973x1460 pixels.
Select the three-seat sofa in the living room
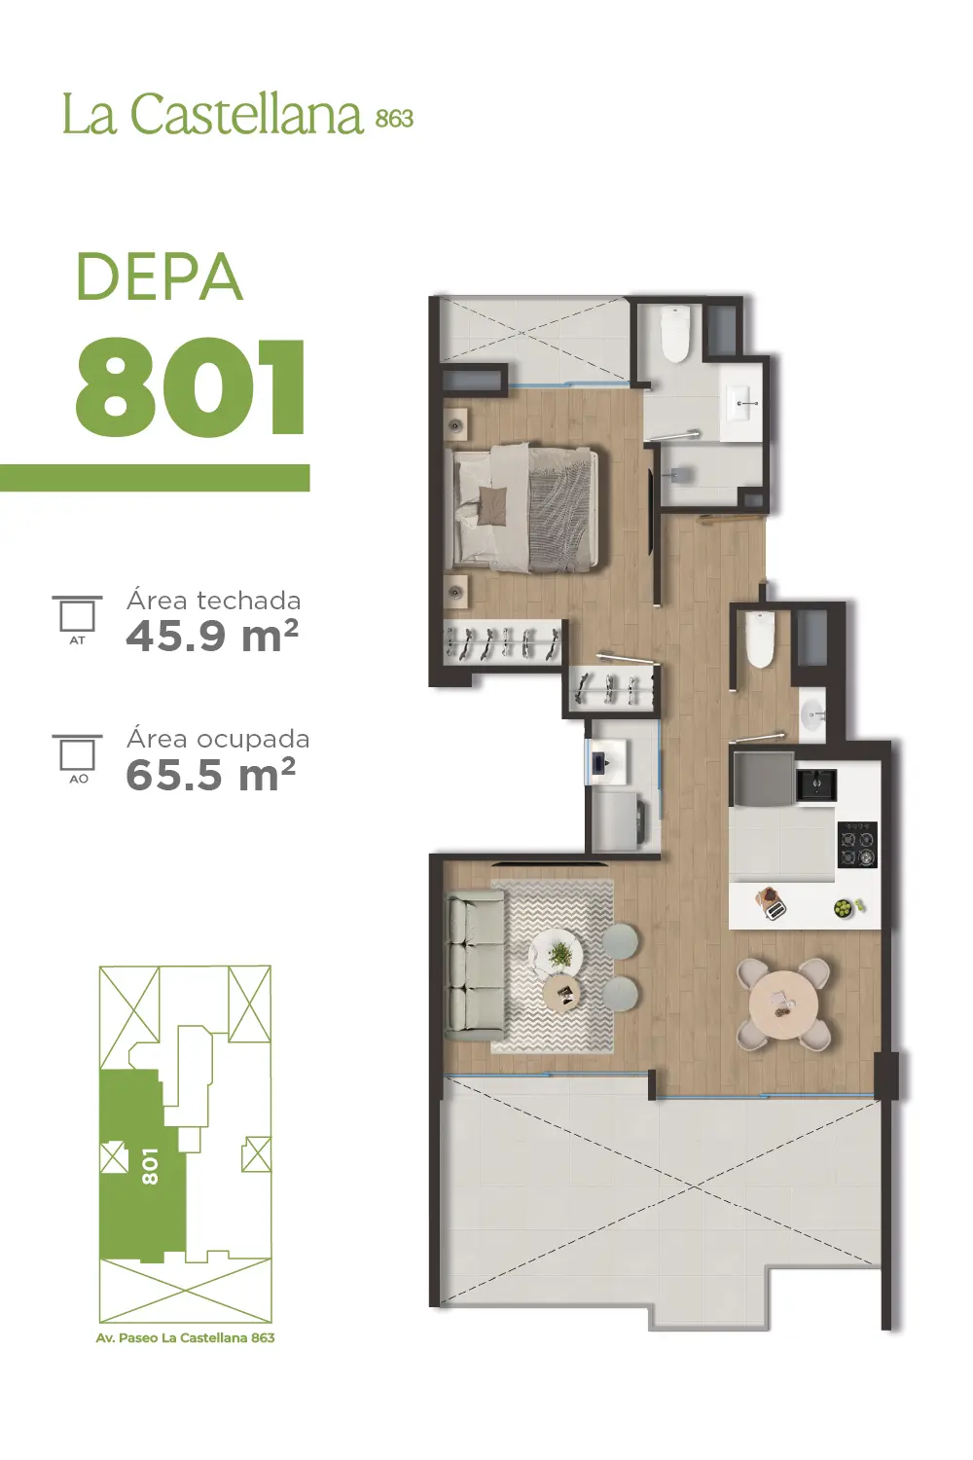[475, 966]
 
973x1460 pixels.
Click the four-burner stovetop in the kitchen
[856, 844]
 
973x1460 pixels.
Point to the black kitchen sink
[816, 785]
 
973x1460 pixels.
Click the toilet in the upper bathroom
[675, 334]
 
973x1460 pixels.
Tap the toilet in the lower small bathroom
[759, 640]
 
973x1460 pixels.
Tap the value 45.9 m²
[212, 636]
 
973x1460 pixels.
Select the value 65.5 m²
[210, 775]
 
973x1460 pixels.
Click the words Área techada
[214, 600]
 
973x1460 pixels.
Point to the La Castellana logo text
[237, 114]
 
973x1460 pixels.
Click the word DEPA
[160, 276]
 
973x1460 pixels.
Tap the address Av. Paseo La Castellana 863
[185, 1337]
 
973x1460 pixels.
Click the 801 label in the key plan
[150, 1167]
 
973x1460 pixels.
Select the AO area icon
[78, 758]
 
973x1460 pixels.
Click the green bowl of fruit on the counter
[845, 907]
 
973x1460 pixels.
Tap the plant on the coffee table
[559, 954]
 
